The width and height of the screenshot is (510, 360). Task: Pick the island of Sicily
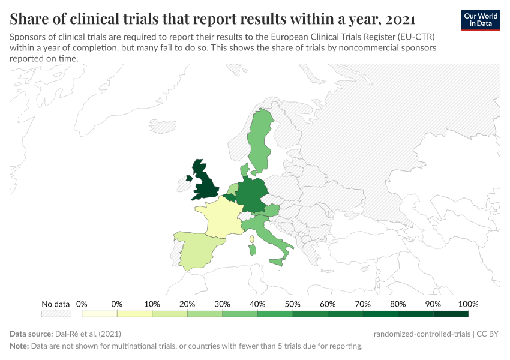[277, 262]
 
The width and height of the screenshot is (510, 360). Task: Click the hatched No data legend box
[55, 313]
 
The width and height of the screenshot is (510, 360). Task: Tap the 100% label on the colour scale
[468, 304]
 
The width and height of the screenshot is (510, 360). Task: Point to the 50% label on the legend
[292, 304]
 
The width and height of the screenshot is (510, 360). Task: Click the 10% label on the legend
[152, 304]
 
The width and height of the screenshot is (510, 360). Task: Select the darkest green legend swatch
[451, 313]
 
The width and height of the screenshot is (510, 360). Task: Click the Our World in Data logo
[481, 19]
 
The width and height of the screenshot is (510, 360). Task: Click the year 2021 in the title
[400, 18]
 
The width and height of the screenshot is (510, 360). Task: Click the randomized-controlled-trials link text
[421, 334]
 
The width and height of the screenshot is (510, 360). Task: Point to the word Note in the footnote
[19, 346]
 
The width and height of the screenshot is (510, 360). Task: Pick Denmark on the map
[245, 170]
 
